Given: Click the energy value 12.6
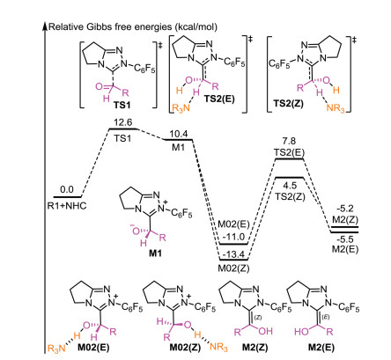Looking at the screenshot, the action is [123, 122].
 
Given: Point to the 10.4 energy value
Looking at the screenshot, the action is [179, 134].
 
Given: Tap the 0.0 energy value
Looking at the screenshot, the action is [67, 189].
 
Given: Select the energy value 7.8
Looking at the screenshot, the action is [289, 141].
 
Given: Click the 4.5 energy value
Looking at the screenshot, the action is [290, 186].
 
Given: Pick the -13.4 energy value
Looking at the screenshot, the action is [233, 254].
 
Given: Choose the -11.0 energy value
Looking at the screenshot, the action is [233, 237].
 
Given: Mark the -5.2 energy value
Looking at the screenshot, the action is [345, 209].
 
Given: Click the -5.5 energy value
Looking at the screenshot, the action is [345, 239].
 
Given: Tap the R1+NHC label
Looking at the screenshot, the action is [67, 206].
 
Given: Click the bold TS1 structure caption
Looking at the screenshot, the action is [122, 105].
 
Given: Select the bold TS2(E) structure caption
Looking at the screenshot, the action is [219, 99].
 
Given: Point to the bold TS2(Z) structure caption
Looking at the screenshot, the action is [289, 104].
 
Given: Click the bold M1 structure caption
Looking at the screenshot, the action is [155, 253].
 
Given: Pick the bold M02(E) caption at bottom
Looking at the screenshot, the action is [93, 348].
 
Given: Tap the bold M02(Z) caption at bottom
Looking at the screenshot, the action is [185, 348].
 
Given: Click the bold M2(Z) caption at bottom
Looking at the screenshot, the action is [255, 348].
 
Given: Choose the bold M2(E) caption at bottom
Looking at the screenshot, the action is [321, 348].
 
